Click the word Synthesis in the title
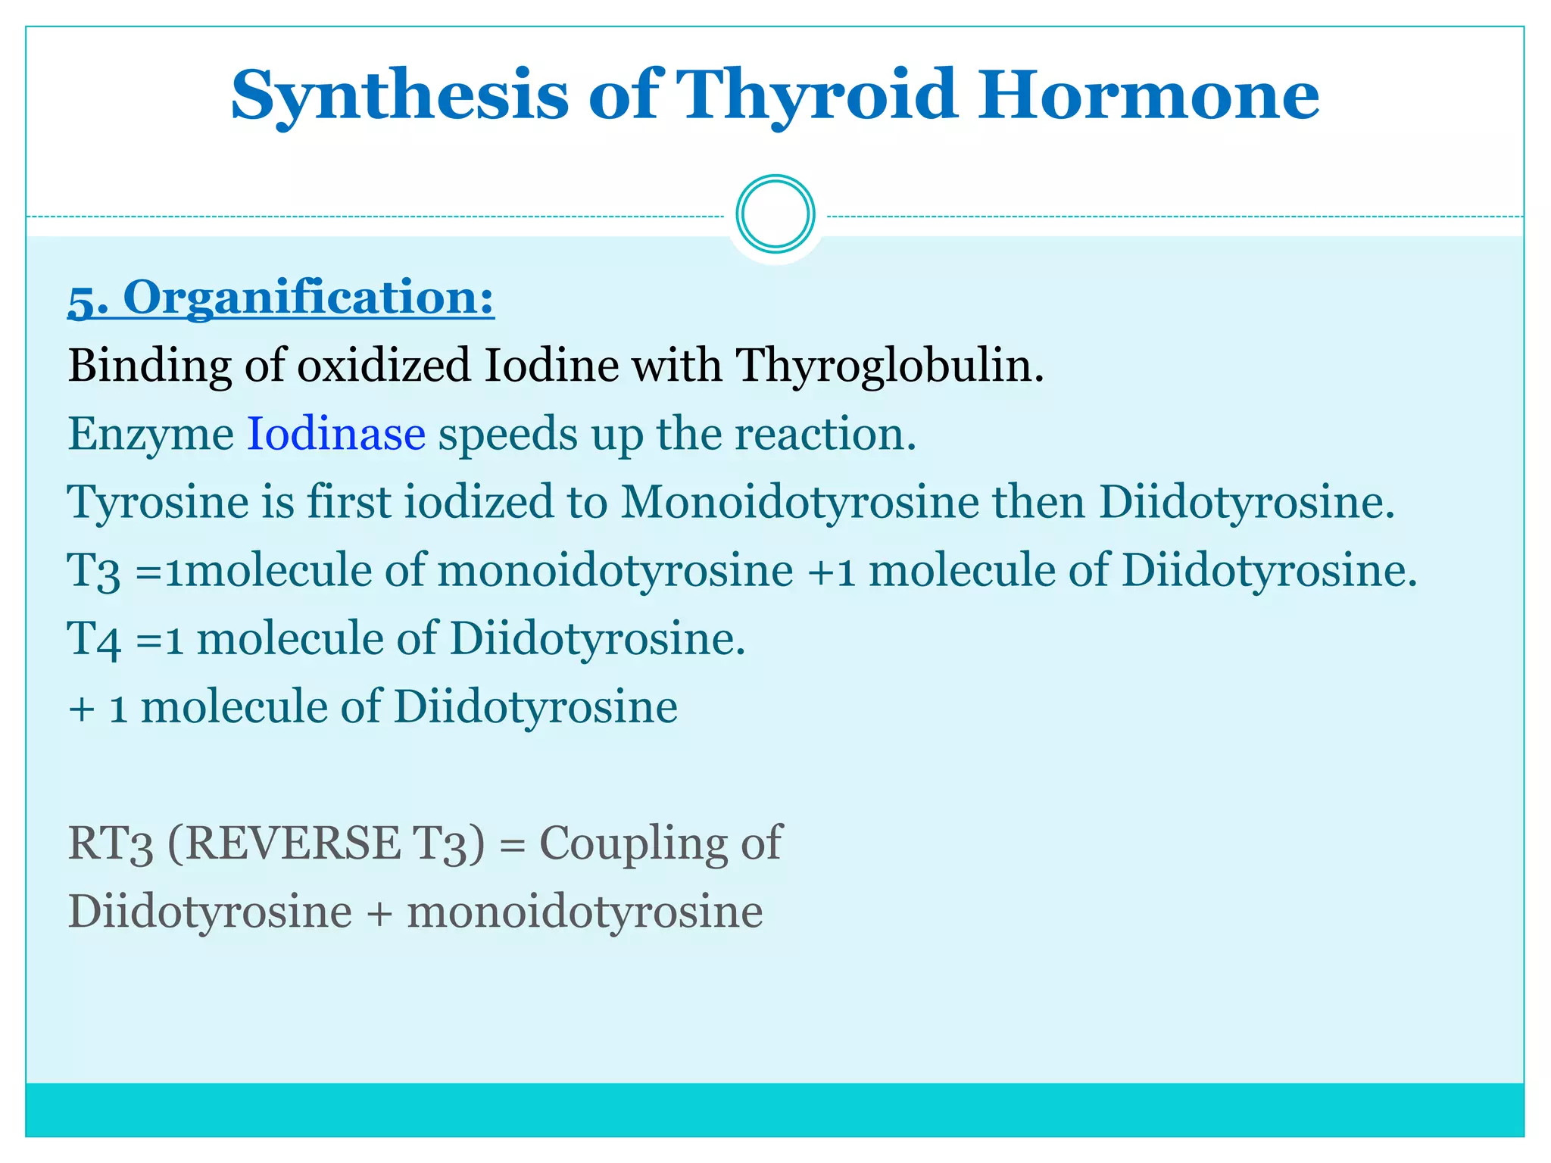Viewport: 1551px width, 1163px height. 399,95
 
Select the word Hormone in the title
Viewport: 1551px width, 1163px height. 1148,95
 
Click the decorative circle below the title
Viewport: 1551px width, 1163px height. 775,214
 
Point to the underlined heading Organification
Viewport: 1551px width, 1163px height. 308,297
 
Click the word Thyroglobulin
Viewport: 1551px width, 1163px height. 890,366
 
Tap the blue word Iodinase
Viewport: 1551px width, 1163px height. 336,434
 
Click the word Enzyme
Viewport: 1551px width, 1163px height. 151,434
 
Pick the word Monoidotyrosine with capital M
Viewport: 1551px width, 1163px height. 800,502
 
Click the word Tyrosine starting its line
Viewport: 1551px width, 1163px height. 158,502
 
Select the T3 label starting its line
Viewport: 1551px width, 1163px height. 94,572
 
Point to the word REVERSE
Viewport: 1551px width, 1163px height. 293,843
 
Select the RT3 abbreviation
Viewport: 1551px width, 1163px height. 111,844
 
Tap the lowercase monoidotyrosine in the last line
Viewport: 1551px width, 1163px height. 585,911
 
